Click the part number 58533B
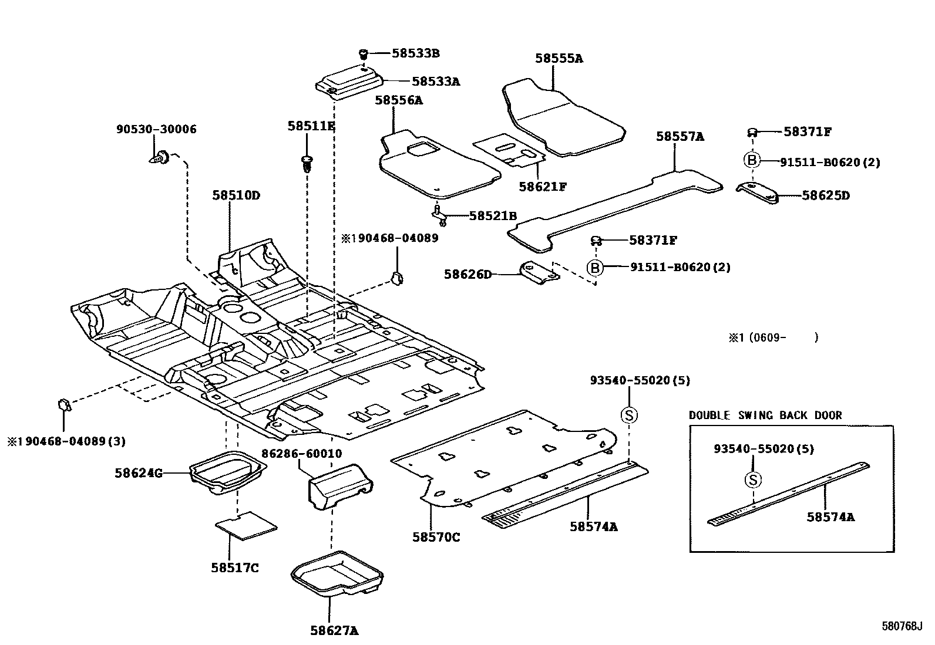pos(415,53)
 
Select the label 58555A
pos(559,58)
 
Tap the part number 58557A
pos(680,136)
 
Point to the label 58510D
pos(236,195)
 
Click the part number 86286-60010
pos(302,454)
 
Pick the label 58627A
pos(334,631)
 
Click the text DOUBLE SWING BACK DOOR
pos(765,415)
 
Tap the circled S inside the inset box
pos(753,479)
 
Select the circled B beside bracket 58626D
pos(595,268)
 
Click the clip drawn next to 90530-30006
pos(160,157)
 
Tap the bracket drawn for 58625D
pos(757,193)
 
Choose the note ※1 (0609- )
pos(773,337)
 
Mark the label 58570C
pos(436,536)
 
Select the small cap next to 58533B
pos(364,54)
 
